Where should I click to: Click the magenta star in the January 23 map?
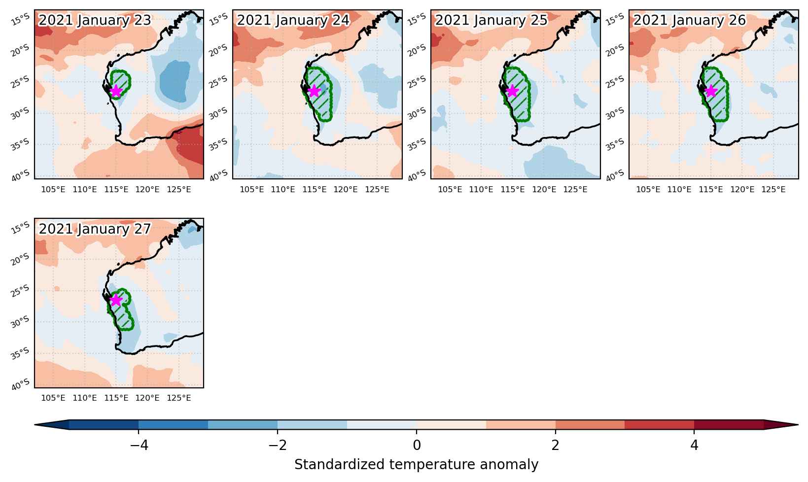(116, 91)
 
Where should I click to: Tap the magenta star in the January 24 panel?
(314, 91)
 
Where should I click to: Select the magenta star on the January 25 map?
(512, 91)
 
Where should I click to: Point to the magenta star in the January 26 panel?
(710, 91)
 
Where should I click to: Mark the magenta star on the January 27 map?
(116, 300)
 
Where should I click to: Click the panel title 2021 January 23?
(95, 20)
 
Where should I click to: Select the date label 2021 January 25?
(491, 20)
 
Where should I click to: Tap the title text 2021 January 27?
(95, 229)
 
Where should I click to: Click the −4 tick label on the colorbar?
(139, 445)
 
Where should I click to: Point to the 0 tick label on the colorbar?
(417, 445)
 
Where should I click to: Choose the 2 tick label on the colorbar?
(556, 445)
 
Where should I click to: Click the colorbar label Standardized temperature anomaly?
(416, 465)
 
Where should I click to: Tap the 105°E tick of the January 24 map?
(252, 189)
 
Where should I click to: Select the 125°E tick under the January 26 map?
(773, 189)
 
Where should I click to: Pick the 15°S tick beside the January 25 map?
(417, 20)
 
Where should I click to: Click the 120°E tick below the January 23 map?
(147, 189)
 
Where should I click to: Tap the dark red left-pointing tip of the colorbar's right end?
(780, 425)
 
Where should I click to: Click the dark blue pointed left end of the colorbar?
(52, 425)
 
